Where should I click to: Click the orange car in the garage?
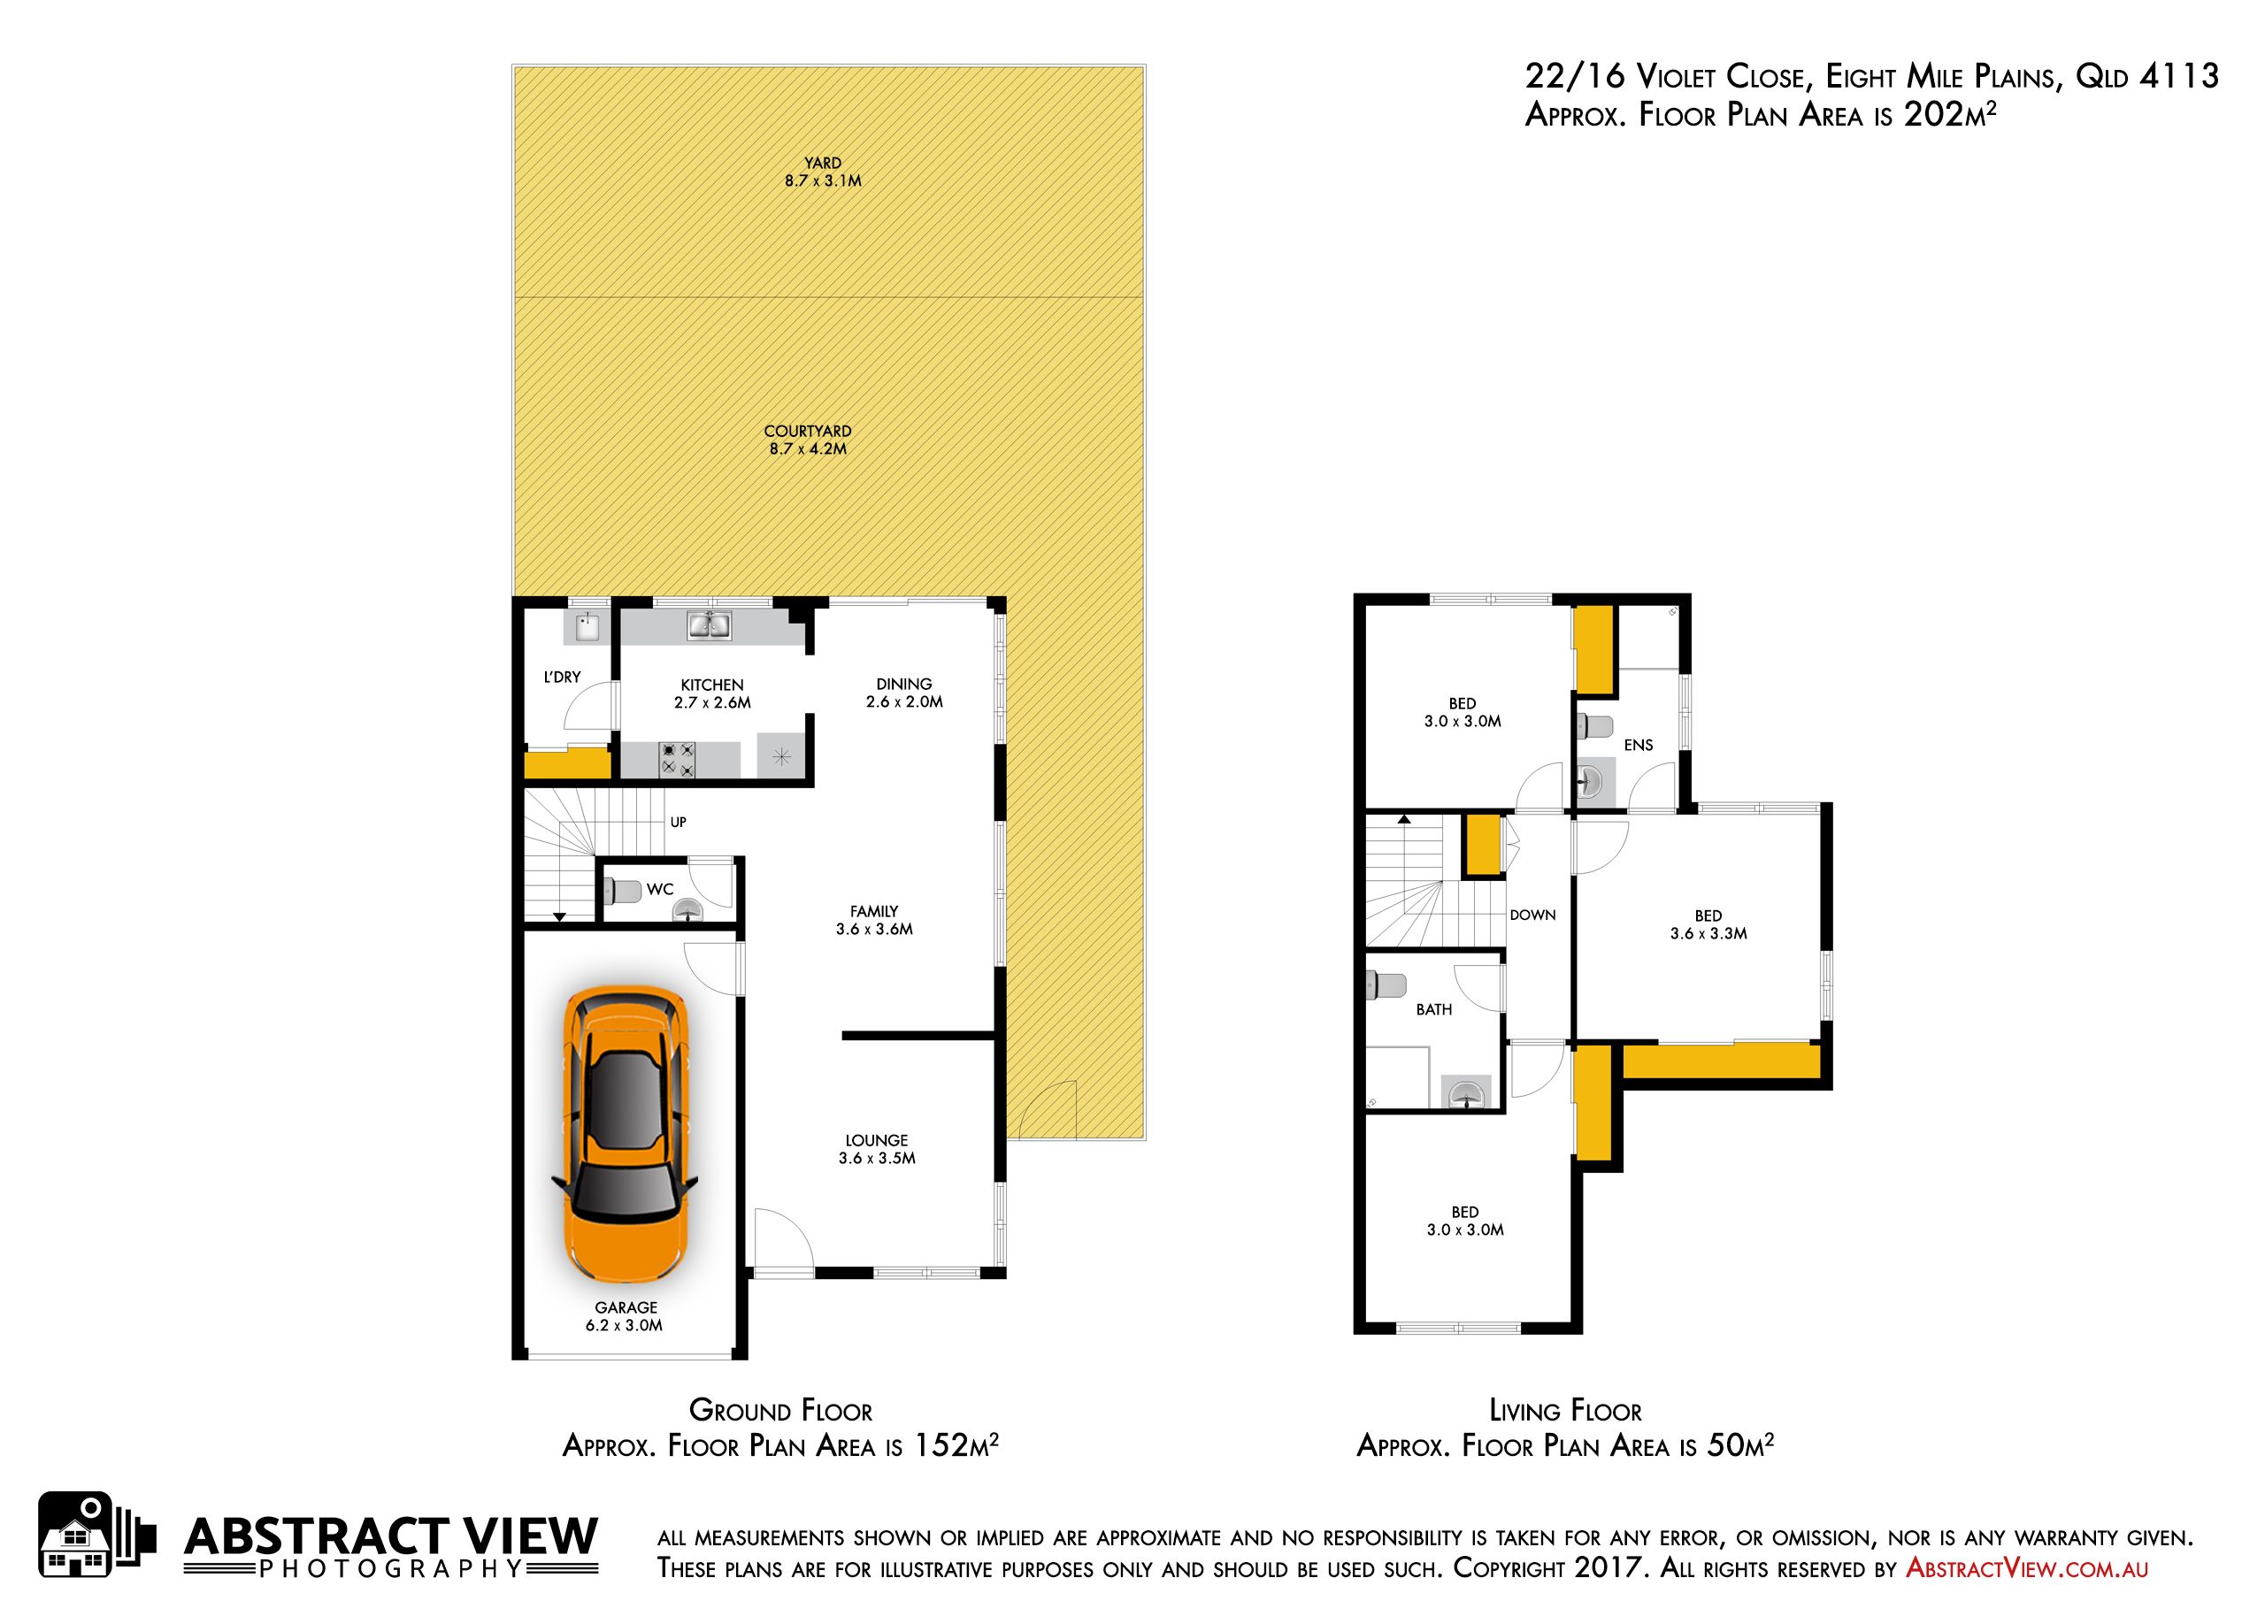tap(626, 1135)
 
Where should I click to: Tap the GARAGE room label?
tap(626, 1307)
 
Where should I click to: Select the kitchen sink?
tap(710, 625)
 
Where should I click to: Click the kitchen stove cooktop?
tap(678, 759)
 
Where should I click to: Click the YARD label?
tap(823, 163)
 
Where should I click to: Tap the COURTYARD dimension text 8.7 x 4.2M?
tap(808, 448)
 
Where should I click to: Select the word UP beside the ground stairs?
tap(679, 822)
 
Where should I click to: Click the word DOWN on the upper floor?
tap(1533, 915)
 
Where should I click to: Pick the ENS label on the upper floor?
tap(1639, 745)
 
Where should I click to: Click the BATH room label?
tap(1434, 1009)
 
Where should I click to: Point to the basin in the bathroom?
tap(1468, 1093)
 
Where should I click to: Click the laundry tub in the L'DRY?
tap(587, 626)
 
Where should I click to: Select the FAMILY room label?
tap(874, 911)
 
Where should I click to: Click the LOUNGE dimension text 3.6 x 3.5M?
tap(877, 1158)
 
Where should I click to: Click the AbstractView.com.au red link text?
tap(2027, 1567)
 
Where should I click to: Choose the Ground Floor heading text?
tap(780, 1410)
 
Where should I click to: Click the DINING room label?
tap(903, 684)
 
